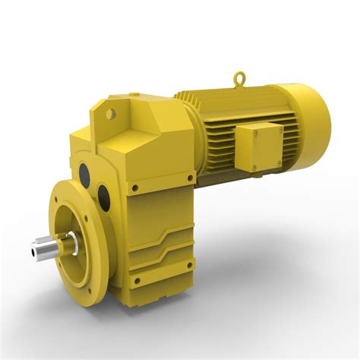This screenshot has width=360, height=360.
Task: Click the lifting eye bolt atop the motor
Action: pyautogui.click(x=240, y=77)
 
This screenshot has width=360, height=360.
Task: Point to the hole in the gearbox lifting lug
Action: pyautogui.click(x=112, y=114)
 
